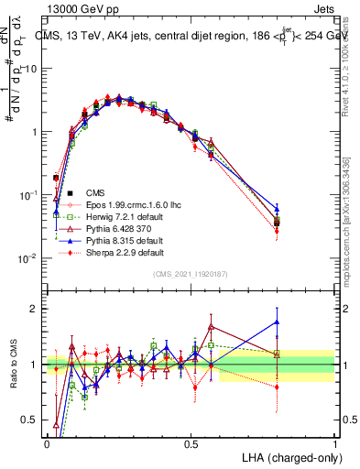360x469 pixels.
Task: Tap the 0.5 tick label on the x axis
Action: coord(191,442)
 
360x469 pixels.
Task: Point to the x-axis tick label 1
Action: coord(335,442)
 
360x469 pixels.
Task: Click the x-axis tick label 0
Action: coord(47,442)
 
